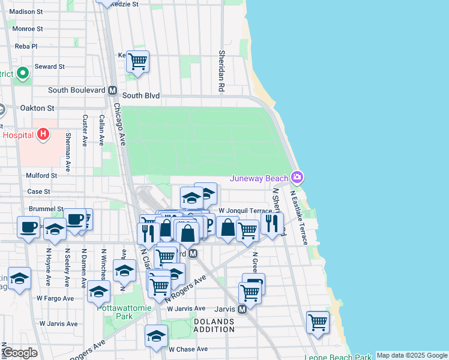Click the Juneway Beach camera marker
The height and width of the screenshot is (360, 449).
pyautogui.click(x=297, y=178)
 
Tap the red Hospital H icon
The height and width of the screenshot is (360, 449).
pyautogui.click(x=43, y=135)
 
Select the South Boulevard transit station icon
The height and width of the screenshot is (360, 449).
pyautogui.click(x=112, y=91)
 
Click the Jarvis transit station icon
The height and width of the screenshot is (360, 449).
pyautogui.click(x=242, y=310)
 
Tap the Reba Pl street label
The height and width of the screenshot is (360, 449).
pyautogui.click(x=26, y=46)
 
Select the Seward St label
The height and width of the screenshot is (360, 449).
pyautogui.click(x=49, y=67)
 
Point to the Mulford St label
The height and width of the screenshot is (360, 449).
pyautogui.click(x=41, y=175)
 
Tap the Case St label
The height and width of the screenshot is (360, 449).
pyautogui.click(x=38, y=191)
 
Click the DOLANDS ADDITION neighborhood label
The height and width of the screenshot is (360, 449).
pyautogui.click(x=214, y=326)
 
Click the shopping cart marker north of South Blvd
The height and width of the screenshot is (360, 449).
pyautogui.click(x=138, y=61)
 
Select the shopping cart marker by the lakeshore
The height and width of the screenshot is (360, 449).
pyautogui.click(x=318, y=322)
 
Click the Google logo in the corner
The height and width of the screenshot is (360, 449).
pyautogui.click(x=20, y=353)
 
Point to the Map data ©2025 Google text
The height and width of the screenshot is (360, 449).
pyautogui.click(x=412, y=355)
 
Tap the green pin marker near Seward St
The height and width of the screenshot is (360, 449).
pyautogui.click(x=23, y=74)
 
